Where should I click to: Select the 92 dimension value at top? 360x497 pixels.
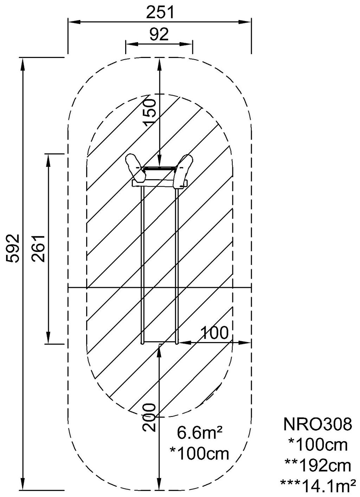(x=159, y=34)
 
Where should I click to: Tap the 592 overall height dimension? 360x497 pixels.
(x=13, y=248)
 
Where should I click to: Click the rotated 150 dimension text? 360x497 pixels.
(x=149, y=112)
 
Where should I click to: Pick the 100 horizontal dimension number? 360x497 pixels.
(x=214, y=333)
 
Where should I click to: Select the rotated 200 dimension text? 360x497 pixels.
(x=149, y=417)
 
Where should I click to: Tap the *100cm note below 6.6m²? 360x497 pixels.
(x=199, y=453)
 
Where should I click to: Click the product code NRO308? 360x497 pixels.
(x=317, y=425)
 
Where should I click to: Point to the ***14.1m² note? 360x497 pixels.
(x=317, y=486)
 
